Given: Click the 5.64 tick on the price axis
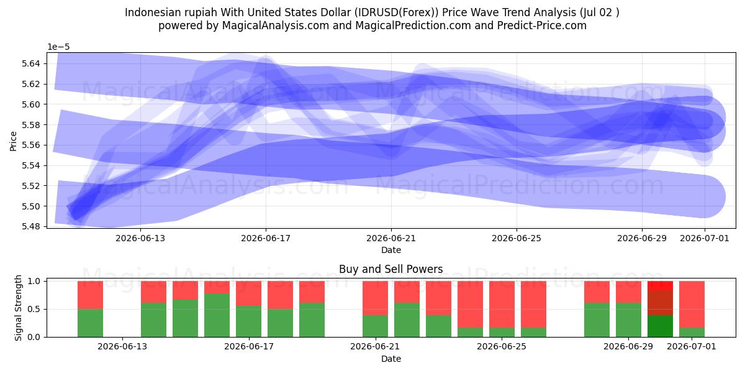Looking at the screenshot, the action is (x=30, y=63).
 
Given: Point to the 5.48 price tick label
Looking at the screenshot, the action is (x=30, y=226).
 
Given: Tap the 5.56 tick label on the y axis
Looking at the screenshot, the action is (x=30, y=145).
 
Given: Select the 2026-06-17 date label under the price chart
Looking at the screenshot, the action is (x=266, y=239).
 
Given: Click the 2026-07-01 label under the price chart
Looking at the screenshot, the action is (x=705, y=239).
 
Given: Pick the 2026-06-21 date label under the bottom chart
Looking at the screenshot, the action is (x=375, y=347).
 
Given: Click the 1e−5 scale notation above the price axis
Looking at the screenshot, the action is (x=58, y=47).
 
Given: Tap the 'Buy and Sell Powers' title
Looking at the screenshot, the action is (x=391, y=269).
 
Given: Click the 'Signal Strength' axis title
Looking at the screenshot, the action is (x=18, y=308).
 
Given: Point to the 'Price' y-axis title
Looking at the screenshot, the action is (x=13, y=142).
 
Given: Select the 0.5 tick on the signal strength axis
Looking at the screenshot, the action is (x=34, y=310).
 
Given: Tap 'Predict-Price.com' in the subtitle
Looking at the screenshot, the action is (x=542, y=25).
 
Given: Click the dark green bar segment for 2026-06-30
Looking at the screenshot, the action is (x=660, y=326).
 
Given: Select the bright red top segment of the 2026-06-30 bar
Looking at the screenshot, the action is (x=660, y=286).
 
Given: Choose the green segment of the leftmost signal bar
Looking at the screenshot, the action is (x=90, y=323).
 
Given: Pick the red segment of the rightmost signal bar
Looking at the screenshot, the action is (x=692, y=305).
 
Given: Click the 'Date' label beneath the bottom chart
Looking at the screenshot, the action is (x=391, y=359).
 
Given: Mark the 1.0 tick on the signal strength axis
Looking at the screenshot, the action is (x=34, y=282).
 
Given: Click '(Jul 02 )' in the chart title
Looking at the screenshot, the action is (x=599, y=12).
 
